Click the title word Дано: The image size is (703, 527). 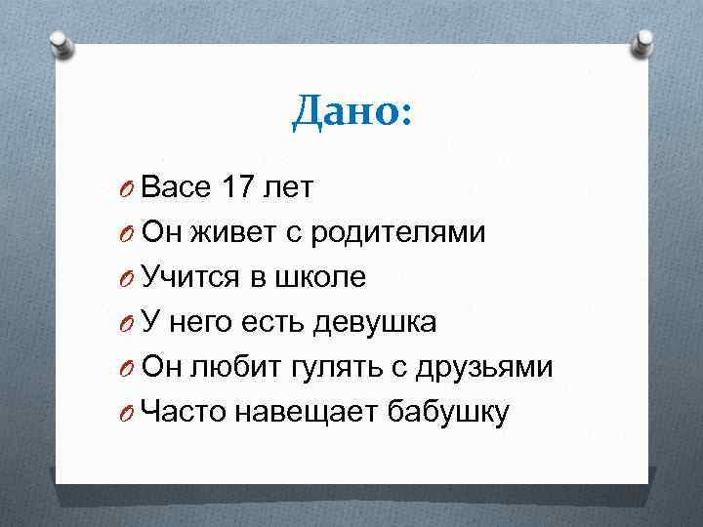[351, 114]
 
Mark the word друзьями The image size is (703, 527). [484, 368]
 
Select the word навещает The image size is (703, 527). [306, 413]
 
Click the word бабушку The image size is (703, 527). [448, 413]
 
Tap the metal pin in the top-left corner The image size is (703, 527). [60, 43]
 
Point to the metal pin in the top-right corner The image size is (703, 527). [643, 43]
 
